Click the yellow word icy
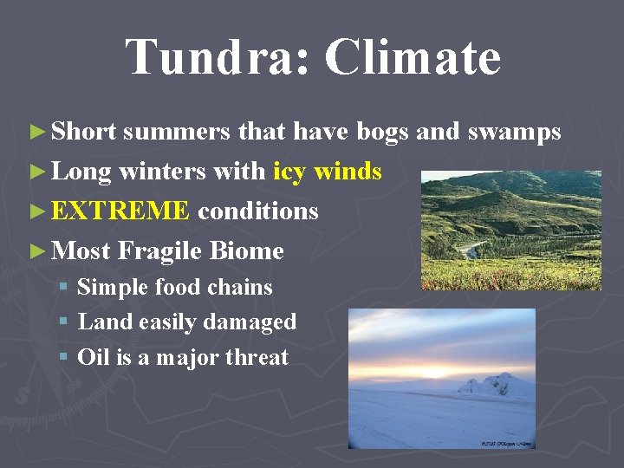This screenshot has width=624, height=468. (289, 172)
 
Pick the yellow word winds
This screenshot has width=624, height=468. (348, 172)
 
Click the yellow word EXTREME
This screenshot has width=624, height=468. (120, 211)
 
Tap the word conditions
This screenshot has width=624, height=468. (258, 211)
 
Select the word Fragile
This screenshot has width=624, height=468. (161, 250)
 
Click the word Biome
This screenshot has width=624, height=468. (248, 250)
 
